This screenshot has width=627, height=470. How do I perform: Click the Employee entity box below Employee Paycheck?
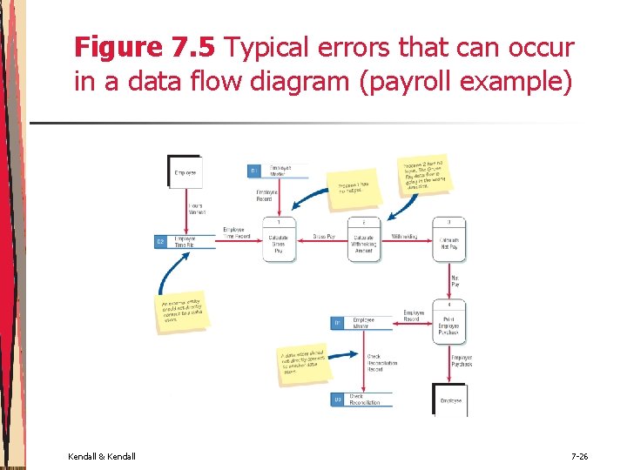pos(449,399)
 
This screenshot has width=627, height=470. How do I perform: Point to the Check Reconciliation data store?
pos(361,399)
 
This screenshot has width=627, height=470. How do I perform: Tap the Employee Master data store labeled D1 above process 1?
pos(278,171)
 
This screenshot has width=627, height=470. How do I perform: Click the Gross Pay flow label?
pos(324,237)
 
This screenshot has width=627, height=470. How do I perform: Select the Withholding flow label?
pos(404,237)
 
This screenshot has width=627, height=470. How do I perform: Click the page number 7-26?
pos(580,456)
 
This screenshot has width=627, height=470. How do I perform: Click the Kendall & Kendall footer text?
pos(101,456)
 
